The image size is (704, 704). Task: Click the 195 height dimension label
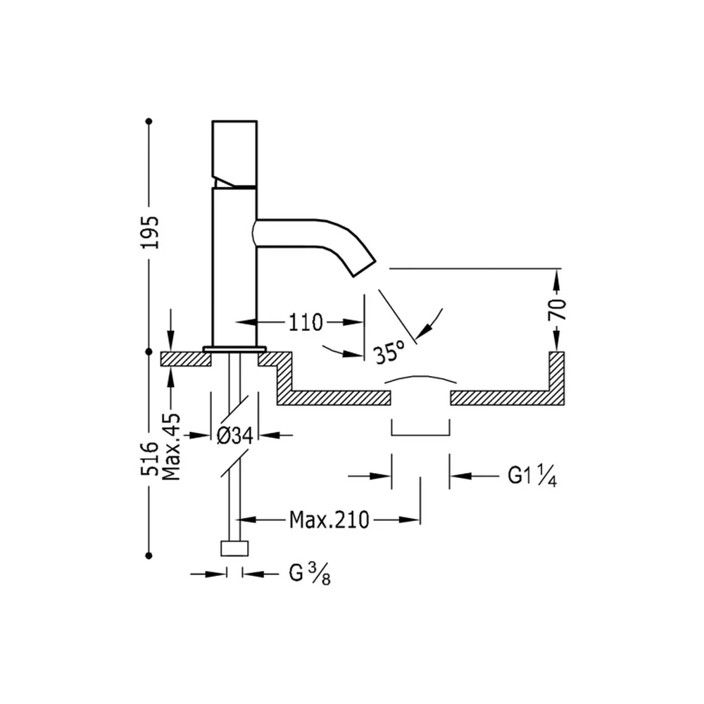(x=149, y=232)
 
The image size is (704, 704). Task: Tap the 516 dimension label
(x=149, y=458)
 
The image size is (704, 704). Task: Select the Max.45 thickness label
(x=171, y=447)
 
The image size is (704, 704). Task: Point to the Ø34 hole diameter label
(x=235, y=436)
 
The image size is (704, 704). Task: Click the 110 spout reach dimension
(x=306, y=322)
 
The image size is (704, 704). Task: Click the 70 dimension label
(x=557, y=309)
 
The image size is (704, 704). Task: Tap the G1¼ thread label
(x=532, y=476)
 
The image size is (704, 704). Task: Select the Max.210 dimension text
(x=329, y=520)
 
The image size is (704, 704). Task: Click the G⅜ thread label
(x=310, y=574)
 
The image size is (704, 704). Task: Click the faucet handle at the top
(x=234, y=153)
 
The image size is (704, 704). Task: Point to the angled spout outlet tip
(x=364, y=268)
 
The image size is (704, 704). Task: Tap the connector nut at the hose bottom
(x=234, y=548)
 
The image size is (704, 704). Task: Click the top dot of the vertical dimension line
(x=149, y=121)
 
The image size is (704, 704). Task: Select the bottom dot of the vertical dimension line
(x=149, y=555)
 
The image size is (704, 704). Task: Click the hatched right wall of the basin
(x=557, y=378)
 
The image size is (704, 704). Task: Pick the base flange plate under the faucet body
(x=234, y=349)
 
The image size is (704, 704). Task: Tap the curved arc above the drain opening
(x=421, y=379)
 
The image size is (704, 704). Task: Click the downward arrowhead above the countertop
(x=170, y=342)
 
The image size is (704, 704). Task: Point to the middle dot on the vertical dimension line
(x=149, y=351)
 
